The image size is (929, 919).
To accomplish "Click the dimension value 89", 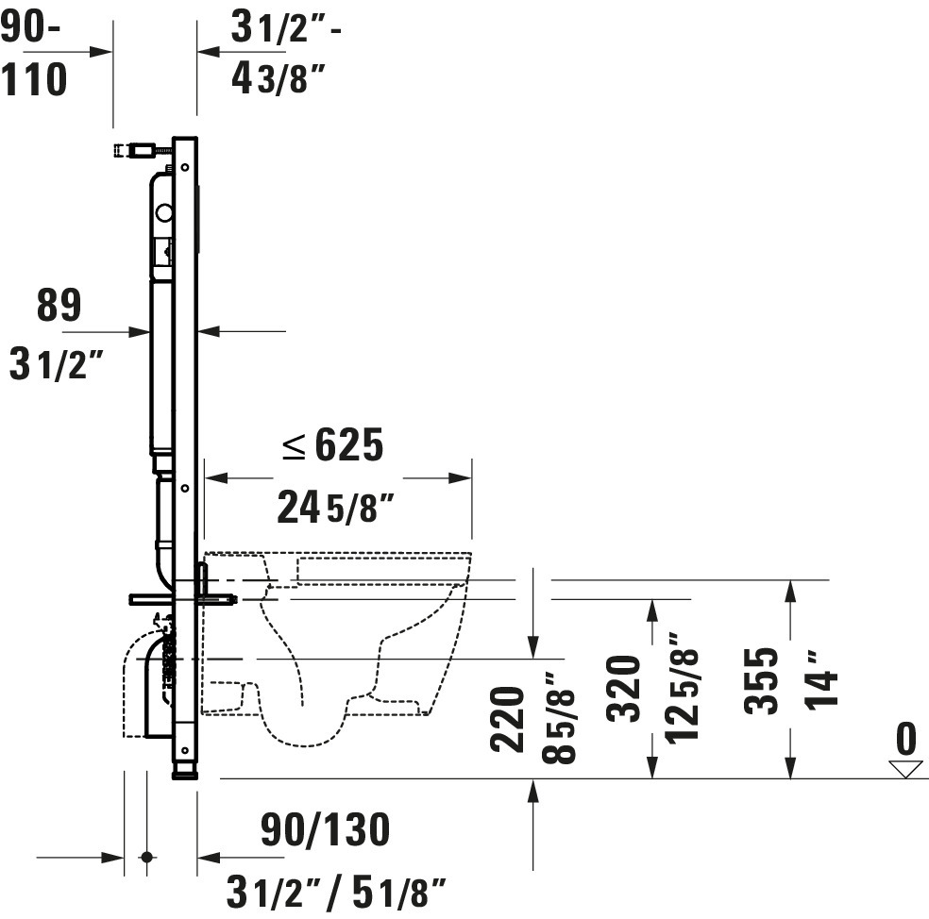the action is click(x=59, y=306).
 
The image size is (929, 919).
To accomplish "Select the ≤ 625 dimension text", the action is click(x=333, y=444).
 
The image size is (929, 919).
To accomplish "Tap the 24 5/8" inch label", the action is click(x=335, y=507).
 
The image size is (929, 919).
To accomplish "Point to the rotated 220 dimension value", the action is click(x=508, y=720).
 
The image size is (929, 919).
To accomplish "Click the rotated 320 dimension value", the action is click(x=624, y=688).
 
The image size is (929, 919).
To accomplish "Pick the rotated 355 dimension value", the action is click(x=761, y=681).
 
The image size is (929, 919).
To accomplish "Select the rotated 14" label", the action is click(x=821, y=679).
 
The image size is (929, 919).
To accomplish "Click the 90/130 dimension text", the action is click(x=326, y=829).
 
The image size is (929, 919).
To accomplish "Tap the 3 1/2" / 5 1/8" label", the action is click(x=336, y=892).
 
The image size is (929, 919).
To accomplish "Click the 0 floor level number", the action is click(x=906, y=739).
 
